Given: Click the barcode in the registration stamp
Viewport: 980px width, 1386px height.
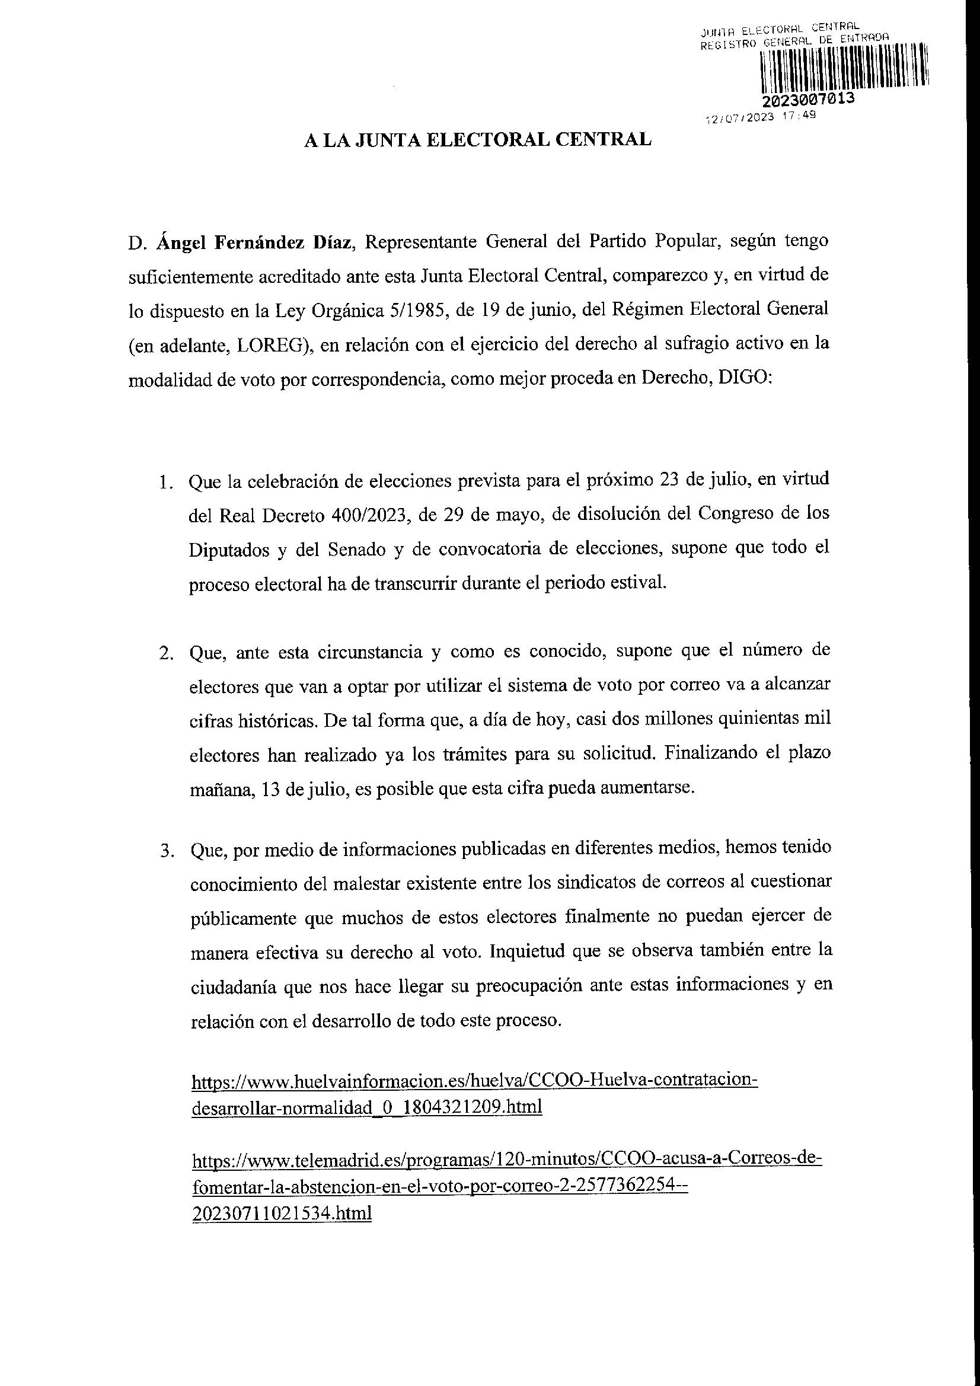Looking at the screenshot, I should coord(843,68).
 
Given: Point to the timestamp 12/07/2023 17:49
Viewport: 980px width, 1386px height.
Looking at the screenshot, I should coord(761,118).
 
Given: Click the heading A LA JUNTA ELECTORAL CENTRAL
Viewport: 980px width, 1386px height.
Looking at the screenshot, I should coord(478,140).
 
